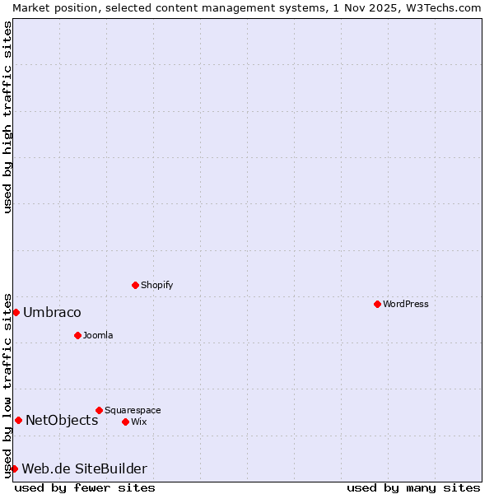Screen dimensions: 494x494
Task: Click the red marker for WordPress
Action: coord(377,304)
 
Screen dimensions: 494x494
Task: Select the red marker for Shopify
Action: coord(135,285)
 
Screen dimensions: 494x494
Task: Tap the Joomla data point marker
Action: coord(77,335)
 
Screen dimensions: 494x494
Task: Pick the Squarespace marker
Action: coord(99,410)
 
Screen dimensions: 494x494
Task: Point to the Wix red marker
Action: coord(125,422)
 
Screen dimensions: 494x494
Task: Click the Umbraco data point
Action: coord(16,312)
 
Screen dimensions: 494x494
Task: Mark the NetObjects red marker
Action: coord(18,420)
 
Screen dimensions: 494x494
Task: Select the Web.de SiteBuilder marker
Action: coord(14,468)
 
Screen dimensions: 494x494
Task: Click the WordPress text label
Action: coord(406,304)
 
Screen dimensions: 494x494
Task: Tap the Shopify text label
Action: coord(156,285)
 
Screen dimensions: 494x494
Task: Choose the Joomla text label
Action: coord(98,335)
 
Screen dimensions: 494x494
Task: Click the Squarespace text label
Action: coord(133,410)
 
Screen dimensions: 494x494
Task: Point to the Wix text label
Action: coord(138,422)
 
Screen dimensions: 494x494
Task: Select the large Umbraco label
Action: coord(52,312)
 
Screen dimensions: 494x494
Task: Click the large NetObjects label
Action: coord(62,420)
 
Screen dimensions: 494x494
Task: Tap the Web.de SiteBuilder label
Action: coord(84,468)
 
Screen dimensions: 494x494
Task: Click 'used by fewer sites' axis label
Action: coord(85,487)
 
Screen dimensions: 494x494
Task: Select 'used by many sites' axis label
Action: coord(413,487)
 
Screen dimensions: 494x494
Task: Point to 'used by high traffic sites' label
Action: coord(7,117)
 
